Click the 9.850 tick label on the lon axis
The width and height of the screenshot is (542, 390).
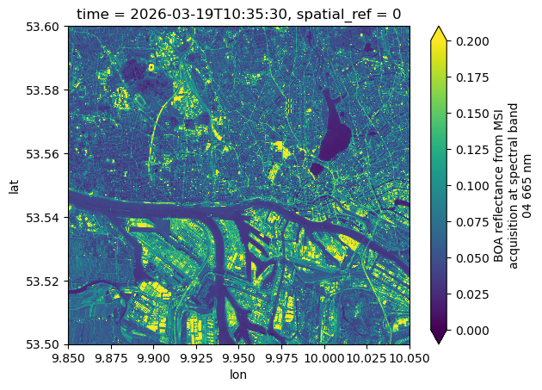[68, 357]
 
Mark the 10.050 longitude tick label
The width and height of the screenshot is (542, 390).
[410, 357]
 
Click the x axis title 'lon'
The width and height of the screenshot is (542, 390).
[239, 375]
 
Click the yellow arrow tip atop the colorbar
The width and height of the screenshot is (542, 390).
[438, 31]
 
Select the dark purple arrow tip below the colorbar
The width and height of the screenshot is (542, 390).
[438, 338]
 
